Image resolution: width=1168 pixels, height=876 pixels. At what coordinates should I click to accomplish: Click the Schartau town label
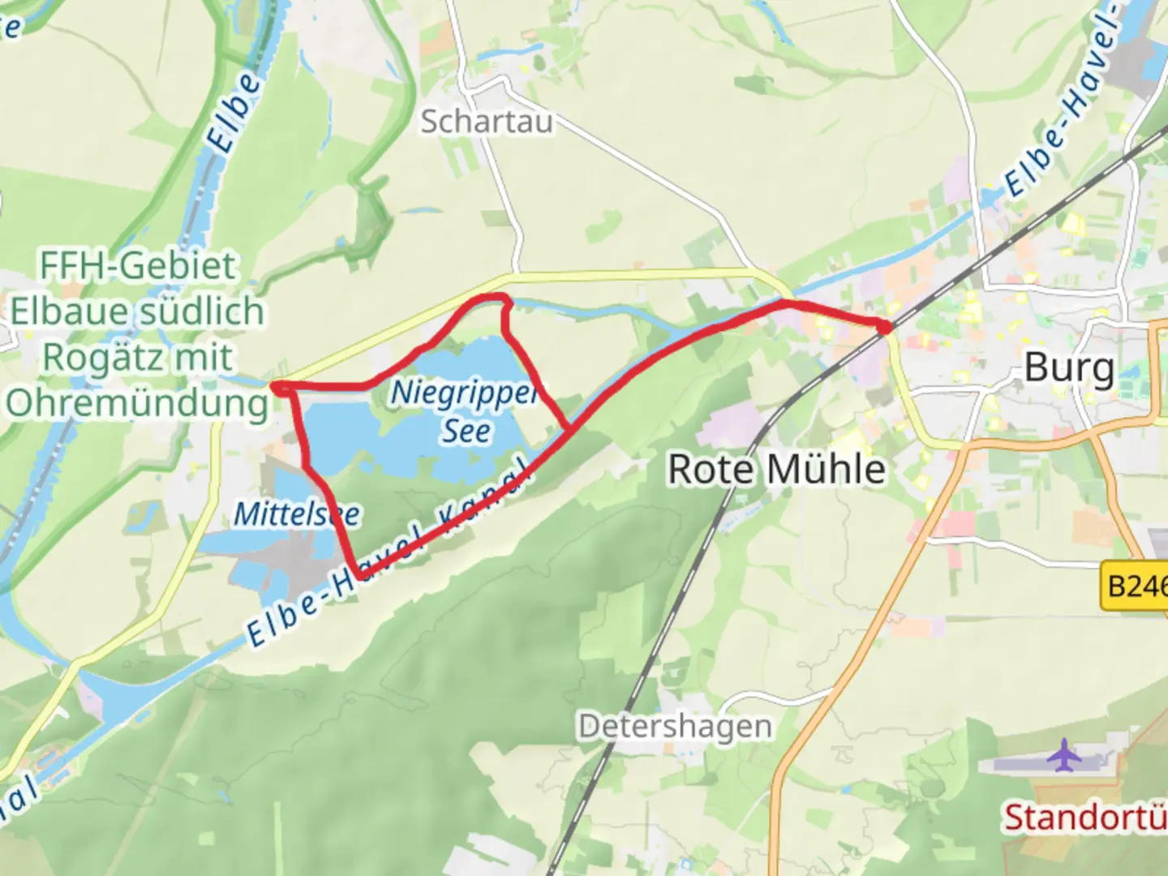(x=487, y=122)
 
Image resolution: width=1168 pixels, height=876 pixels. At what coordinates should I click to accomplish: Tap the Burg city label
(x=1069, y=367)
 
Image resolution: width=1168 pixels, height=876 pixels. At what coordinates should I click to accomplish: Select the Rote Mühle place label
(x=776, y=469)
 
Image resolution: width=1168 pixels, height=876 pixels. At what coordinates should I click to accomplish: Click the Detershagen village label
(x=675, y=726)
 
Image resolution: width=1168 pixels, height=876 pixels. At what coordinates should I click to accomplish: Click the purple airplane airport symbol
(x=1064, y=755)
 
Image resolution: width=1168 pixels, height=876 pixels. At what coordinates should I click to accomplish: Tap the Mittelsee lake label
(x=297, y=513)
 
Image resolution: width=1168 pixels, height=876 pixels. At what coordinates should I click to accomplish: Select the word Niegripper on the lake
(x=464, y=393)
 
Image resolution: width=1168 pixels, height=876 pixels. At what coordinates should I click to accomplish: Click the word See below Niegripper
(x=466, y=431)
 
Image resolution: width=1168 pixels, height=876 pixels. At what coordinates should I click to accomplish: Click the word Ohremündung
(x=137, y=403)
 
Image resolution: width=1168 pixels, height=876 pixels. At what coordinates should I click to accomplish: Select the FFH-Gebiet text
(x=138, y=266)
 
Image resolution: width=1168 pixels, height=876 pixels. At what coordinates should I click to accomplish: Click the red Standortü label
(x=1085, y=818)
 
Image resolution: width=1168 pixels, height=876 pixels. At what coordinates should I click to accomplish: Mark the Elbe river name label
(x=234, y=114)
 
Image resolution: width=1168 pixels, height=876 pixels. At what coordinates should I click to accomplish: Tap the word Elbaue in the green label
(x=69, y=312)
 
